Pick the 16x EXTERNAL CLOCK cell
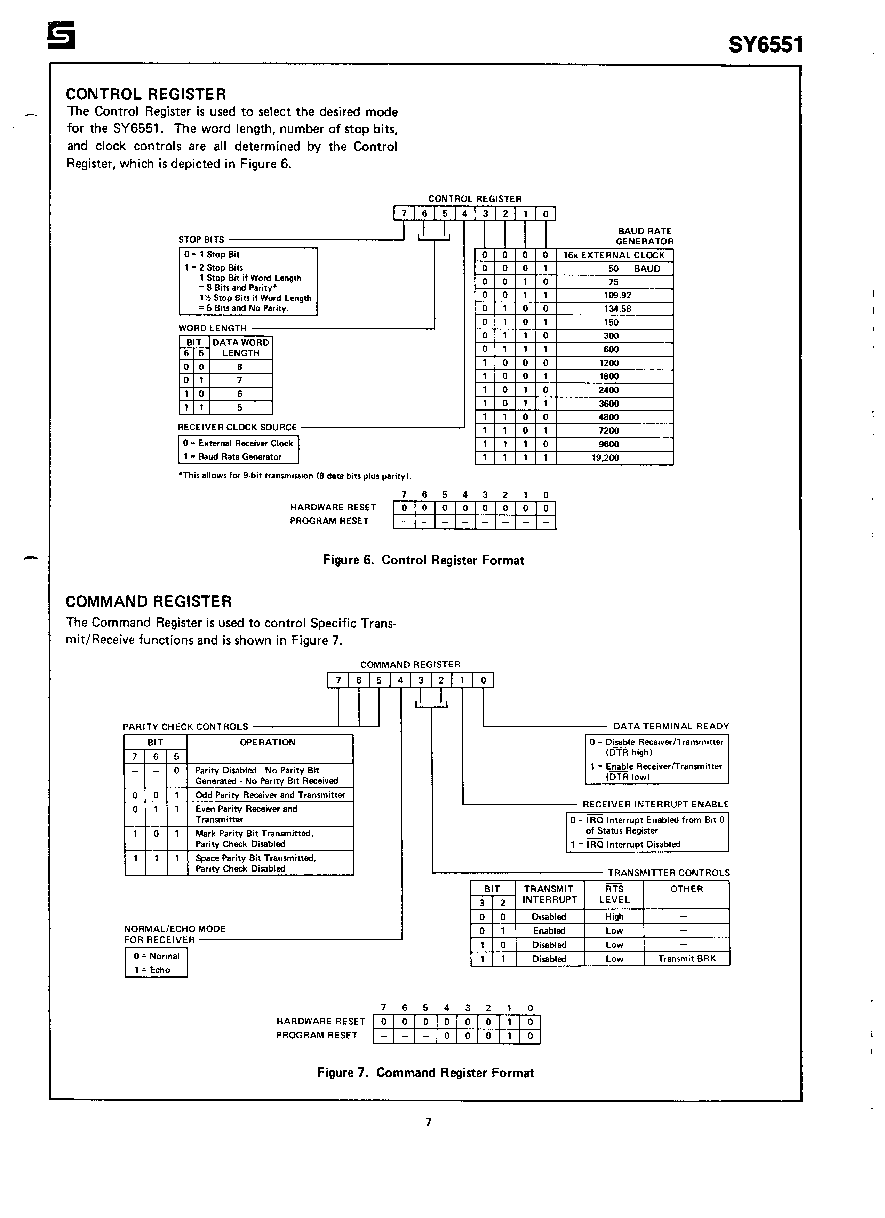point(614,255)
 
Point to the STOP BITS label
point(201,240)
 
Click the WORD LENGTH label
point(213,328)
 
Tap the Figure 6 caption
point(423,560)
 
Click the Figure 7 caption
point(425,1072)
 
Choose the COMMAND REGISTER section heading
point(149,601)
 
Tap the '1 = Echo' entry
point(152,970)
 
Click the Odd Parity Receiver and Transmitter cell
point(270,795)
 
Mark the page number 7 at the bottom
point(428,1122)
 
